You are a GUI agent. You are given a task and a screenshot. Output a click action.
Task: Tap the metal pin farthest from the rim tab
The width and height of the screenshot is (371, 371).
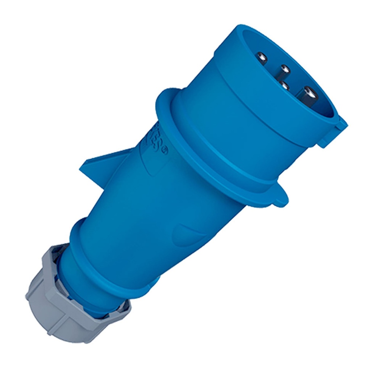click(x=262, y=57)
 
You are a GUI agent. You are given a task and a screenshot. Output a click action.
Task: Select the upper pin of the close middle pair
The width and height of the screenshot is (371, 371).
click(x=285, y=68)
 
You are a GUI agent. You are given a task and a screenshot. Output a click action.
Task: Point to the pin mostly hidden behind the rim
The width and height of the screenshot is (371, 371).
click(x=284, y=86)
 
